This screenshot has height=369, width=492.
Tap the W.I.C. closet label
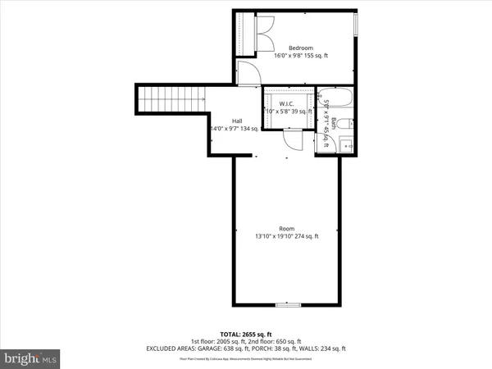coord(286,103)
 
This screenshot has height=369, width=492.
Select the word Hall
coord(237,121)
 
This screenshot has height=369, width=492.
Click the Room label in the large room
coord(286,228)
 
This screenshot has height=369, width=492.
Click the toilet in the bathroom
coord(348,125)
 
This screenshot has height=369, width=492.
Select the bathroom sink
coord(348,145)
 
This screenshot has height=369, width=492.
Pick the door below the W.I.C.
coord(292,140)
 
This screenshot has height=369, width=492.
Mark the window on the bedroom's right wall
coord(356,24)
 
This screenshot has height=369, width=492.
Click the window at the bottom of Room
coord(287,304)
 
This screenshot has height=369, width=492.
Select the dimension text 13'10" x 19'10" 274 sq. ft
coord(286,236)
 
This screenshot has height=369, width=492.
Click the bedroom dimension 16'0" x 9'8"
coord(291,56)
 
